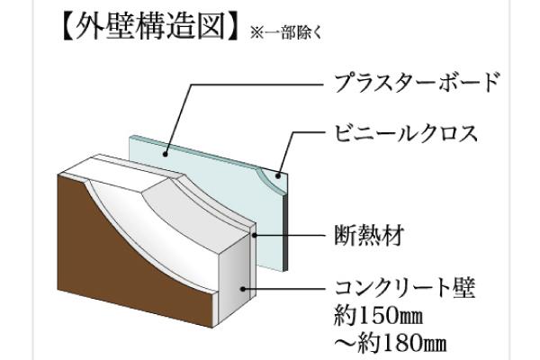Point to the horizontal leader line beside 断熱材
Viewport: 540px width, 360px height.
tap(288, 237)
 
